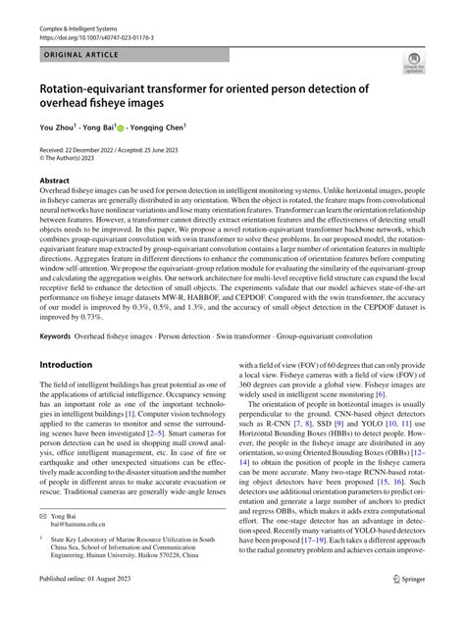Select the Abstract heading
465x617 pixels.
click(54, 180)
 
